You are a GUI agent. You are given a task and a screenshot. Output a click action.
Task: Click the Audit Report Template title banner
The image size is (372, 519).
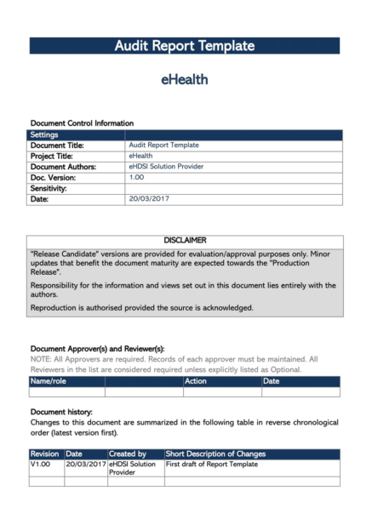pyautogui.click(x=185, y=46)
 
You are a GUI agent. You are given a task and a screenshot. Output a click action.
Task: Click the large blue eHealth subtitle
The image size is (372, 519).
pyautogui.click(x=185, y=80)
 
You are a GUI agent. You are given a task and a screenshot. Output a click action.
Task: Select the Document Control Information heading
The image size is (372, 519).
pyautogui.click(x=82, y=124)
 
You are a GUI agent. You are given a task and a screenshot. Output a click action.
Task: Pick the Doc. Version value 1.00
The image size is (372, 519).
pyautogui.click(x=136, y=178)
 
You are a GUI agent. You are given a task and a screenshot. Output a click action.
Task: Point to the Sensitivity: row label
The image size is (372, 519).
pyautogui.click(x=54, y=188)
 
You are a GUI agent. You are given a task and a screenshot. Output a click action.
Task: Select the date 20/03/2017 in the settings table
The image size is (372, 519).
pyautogui.click(x=150, y=199)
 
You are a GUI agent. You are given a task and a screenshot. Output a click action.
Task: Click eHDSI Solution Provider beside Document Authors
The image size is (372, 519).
pyautogui.click(x=166, y=167)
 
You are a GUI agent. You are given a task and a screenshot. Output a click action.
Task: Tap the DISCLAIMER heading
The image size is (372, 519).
pyautogui.click(x=185, y=241)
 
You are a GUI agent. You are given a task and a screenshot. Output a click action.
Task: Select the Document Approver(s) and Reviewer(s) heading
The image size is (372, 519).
pyautogui.click(x=97, y=349)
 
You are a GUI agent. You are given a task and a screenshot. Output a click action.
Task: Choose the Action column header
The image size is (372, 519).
pyautogui.click(x=196, y=382)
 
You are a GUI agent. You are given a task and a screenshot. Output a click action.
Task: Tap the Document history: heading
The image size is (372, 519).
pyautogui.click(x=62, y=412)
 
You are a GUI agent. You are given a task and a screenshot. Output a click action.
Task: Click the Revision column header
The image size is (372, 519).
pyautogui.click(x=44, y=454)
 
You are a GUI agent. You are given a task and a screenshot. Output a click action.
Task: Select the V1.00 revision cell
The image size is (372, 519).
pyautogui.click(x=41, y=465)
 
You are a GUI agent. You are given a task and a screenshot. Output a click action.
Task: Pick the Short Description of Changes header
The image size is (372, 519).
pyautogui.click(x=217, y=454)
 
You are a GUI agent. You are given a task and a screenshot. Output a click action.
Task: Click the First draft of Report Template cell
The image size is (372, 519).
pyautogui.click(x=211, y=465)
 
